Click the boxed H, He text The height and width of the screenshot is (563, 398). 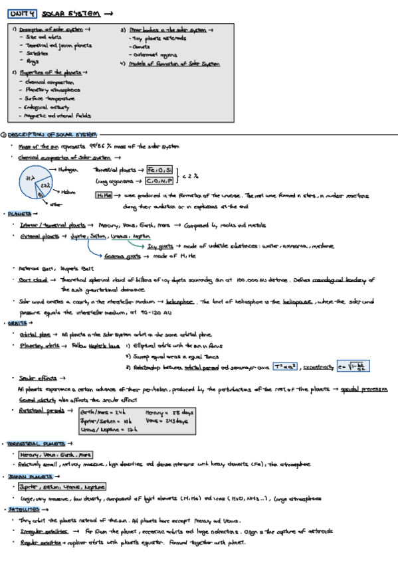[105, 195]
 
